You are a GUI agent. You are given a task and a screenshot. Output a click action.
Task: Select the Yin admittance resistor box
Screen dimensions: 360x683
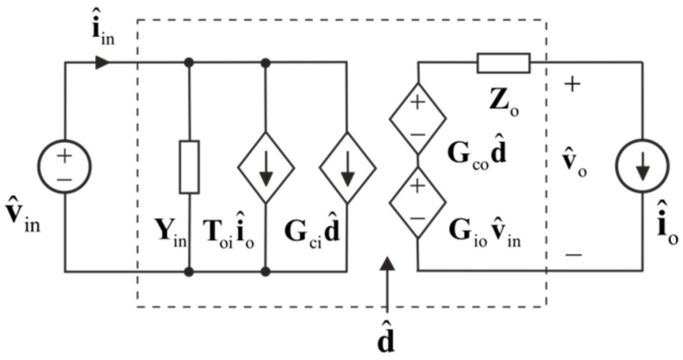click(x=189, y=167)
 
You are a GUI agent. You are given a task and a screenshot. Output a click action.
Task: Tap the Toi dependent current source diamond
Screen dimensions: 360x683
click(x=266, y=168)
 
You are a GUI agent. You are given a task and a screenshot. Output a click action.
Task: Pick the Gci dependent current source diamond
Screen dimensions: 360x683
click(x=347, y=168)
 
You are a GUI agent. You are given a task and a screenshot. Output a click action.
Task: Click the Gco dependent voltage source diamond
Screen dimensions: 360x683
click(x=418, y=119)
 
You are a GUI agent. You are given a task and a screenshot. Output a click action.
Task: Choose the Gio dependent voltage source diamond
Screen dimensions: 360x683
click(x=418, y=202)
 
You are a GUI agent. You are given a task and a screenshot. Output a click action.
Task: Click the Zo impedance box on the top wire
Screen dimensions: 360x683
click(x=503, y=63)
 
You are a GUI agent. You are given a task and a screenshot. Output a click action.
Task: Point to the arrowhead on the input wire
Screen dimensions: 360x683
click(x=102, y=63)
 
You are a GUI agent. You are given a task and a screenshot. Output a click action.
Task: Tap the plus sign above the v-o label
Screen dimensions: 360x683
click(x=573, y=85)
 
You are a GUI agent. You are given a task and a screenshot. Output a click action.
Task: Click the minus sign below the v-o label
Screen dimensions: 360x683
click(x=573, y=254)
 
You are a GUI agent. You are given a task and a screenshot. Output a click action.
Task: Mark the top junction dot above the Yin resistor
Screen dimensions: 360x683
click(x=189, y=63)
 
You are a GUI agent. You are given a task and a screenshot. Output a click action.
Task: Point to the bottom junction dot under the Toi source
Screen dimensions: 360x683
click(x=266, y=272)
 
